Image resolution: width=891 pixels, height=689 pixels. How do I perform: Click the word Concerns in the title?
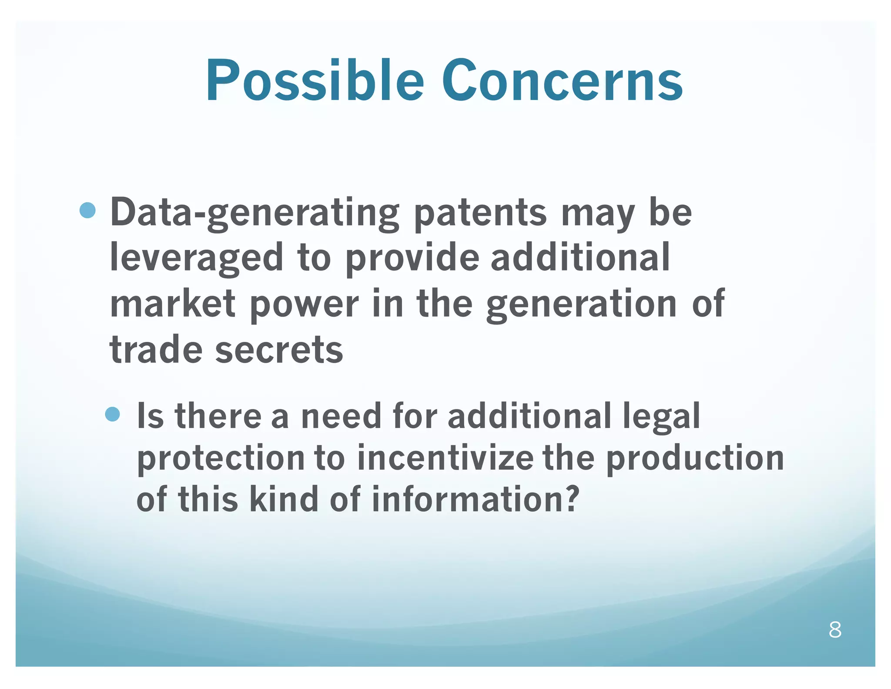[x=562, y=81]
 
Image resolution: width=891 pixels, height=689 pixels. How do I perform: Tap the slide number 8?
[x=834, y=630]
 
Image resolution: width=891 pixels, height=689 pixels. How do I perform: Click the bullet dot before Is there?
[x=113, y=414]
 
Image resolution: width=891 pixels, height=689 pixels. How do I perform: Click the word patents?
[x=480, y=213]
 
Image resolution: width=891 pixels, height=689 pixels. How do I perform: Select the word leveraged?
[x=196, y=258]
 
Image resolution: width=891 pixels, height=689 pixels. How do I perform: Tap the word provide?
[x=412, y=258]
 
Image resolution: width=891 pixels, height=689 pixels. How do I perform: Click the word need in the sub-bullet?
[x=341, y=416]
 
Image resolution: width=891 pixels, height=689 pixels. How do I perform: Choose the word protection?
[x=221, y=458]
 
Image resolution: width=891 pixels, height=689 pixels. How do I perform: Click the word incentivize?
[x=445, y=458]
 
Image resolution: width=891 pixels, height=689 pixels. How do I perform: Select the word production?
[x=695, y=458]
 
